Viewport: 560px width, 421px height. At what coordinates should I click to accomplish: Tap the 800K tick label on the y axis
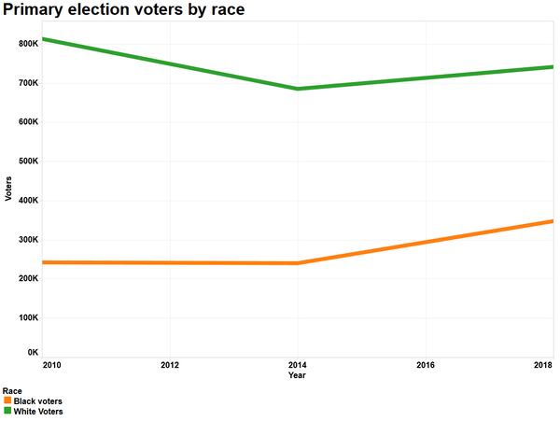click(x=28, y=44)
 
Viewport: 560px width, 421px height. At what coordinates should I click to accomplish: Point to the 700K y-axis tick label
click(x=28, y=83)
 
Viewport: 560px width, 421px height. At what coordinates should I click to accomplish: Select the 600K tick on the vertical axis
click(x=28, y=122)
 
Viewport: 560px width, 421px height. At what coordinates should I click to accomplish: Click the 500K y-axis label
click(x=28, y=161)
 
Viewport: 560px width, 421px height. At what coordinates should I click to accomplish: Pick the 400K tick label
click(x=28, y=201)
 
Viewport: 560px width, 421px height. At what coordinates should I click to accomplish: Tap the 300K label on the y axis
click(x=28, y=240)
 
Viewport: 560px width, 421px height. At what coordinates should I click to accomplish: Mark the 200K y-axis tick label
click(x=28, y=279)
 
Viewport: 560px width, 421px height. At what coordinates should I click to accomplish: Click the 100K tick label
click(x=28, y=318)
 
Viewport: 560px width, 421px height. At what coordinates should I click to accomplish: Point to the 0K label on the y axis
click(x=32, y=352)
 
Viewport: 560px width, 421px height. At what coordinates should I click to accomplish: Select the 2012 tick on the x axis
click(x=170, y=365)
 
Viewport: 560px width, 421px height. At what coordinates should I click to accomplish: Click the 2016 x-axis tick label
click(x=425, y=365)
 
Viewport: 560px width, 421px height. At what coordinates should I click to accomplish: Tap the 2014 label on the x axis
click(x=297, y=365)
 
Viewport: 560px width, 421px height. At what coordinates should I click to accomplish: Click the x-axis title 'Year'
click(x=297, y=375)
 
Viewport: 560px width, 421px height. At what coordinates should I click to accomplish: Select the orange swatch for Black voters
click(x=7, y=400)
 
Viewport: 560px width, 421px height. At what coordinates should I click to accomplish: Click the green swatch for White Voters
click(x=7, y=411)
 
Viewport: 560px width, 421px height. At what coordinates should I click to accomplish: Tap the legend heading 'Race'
click(x=12, y=391)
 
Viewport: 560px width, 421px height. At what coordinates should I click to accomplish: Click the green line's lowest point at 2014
click(x=297, y=89)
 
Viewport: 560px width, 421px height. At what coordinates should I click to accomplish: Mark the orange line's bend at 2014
click(x=297, y=263)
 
